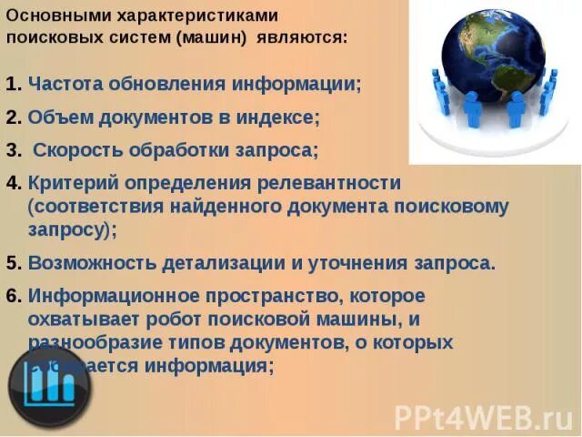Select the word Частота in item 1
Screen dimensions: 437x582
65,85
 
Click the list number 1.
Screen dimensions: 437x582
12,85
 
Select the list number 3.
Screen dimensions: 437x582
12,149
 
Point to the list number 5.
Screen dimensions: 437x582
12,263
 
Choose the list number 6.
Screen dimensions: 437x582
12,296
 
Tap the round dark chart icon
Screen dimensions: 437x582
50,387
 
